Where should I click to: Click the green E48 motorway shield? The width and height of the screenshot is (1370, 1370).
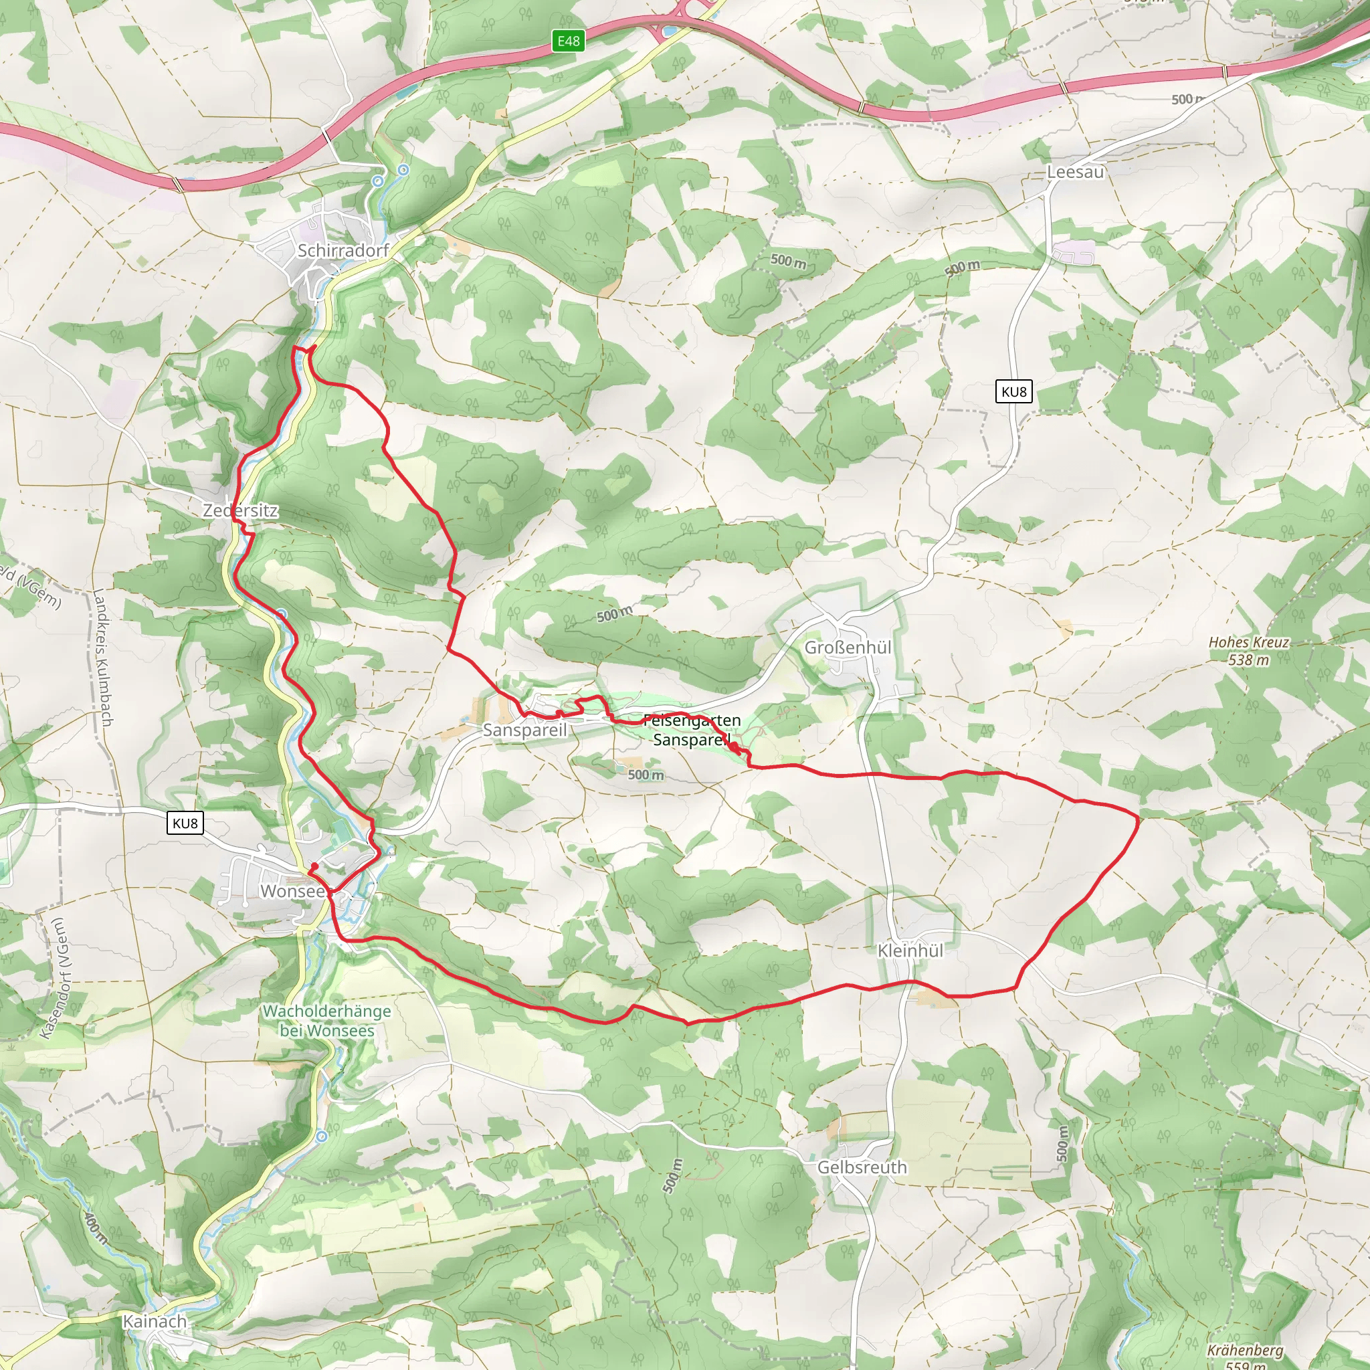(568, 41)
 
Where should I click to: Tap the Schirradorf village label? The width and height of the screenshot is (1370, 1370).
(343, 250)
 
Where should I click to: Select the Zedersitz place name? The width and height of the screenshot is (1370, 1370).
(240, 510)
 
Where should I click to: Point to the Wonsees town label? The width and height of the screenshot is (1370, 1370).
(293, 890)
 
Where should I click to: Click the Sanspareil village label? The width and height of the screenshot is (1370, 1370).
(524, 730)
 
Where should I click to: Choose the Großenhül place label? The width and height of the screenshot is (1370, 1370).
(848, 648)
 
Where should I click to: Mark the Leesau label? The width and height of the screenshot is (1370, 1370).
(1075, 172)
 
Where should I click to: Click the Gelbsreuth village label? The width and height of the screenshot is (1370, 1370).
(862, 1167)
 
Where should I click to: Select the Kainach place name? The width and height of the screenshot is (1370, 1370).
(155, 1321)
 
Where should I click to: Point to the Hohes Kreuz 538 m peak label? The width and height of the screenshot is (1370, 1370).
(1249, 650)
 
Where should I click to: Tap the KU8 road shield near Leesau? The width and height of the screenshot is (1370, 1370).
(1013, 391)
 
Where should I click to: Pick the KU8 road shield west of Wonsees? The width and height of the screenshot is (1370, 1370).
(185, 823)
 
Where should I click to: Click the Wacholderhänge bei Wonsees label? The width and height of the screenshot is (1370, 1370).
(327, 1020)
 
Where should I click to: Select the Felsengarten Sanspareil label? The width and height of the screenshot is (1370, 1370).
(692, 730)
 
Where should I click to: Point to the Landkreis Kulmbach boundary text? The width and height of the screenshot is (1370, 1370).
(102, 658)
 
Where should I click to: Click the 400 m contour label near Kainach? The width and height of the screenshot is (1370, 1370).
(96, 1228)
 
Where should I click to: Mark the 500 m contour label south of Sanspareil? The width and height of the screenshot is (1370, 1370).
(646, 775)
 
